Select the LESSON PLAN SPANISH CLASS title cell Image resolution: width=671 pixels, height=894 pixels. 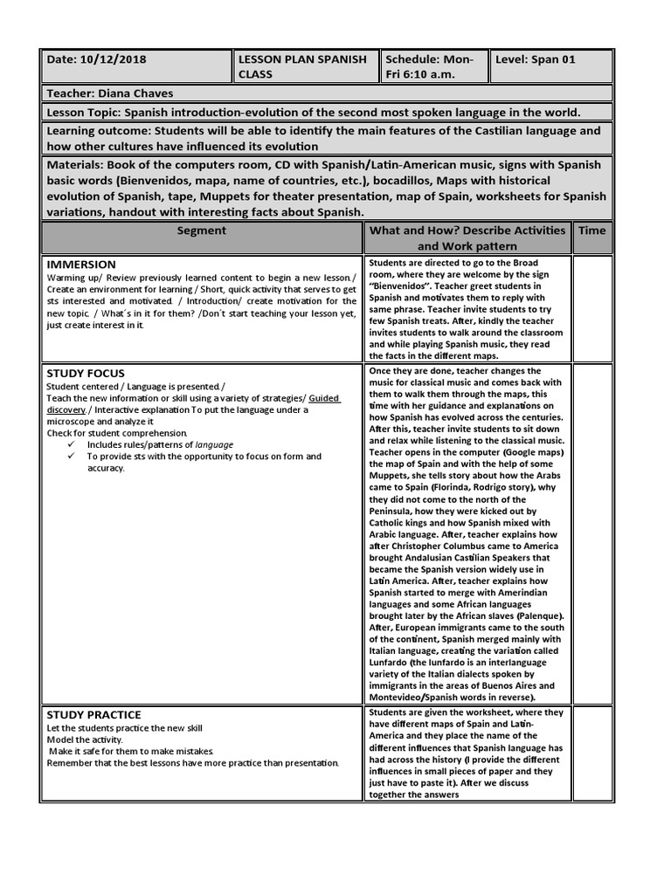(x=305, y=66)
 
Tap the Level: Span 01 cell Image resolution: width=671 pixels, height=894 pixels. (x=536, y=59)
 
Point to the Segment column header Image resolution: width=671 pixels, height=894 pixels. (x=201, y=230)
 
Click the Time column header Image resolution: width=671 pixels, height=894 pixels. (x=591, y=230)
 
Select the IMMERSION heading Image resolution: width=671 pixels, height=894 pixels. (x=81, y=264)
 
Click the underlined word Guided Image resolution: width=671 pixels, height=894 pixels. (x=324, y=398)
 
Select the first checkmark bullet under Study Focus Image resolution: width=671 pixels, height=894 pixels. (x=72, y=444)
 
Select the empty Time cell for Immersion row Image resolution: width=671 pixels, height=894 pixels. (x=591, y=309)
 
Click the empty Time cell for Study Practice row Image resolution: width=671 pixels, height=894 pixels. (x=591, y=753)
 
